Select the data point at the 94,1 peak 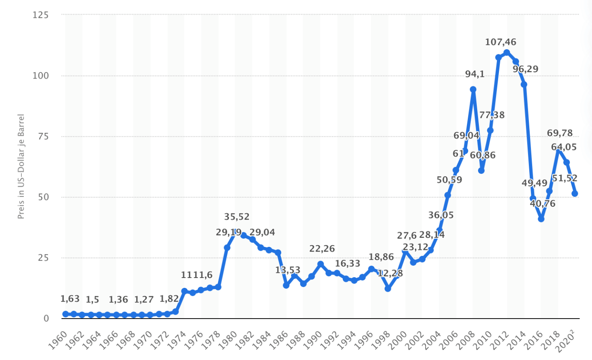pyautogui.click(x=473, y=90)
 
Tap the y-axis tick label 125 pyautogui.click(x=41, y=15)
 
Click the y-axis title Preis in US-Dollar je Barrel pyautogui.click(x=21, y=167)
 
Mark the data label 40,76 pyautogui.click(x=542, y=204)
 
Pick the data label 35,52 pyautogui.click(x=237, y=217)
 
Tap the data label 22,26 pyautogui.click(x=322, y=249)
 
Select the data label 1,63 pyautogui.click(x=70, y=299)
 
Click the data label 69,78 pyautogui.click(x=560, y=133)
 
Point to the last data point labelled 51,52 pyautogui.click(x=575, y=193)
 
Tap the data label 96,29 pyautogui.click(x=525, y=69)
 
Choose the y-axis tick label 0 pyautogui.click(x=46, y=319)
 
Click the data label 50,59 pyautogui.click(x=449, y=180)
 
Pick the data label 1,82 pyautogui.click(x=169, y=299)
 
